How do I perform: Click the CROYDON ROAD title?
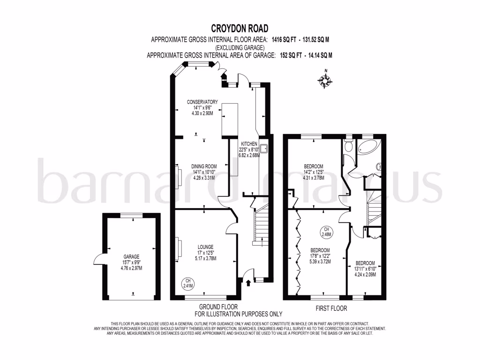click(x=240, y=29)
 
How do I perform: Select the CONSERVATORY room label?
click(x=202, y=102)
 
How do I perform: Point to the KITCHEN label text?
click(x=249, y=143)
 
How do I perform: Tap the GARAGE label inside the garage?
click(x=132, y=257)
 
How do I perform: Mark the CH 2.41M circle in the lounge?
click(x=188, y=283)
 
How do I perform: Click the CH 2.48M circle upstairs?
click(x=326, y=231)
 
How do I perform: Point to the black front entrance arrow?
click(x=248, y=282)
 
